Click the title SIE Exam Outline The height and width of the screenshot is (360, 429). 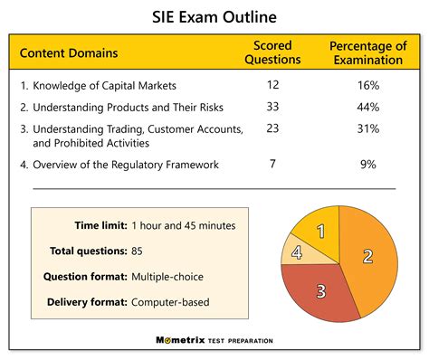(x=214, y=17)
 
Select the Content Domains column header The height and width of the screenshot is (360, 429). (x=68, y=52)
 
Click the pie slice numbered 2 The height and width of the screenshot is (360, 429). (x=367, y=255)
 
